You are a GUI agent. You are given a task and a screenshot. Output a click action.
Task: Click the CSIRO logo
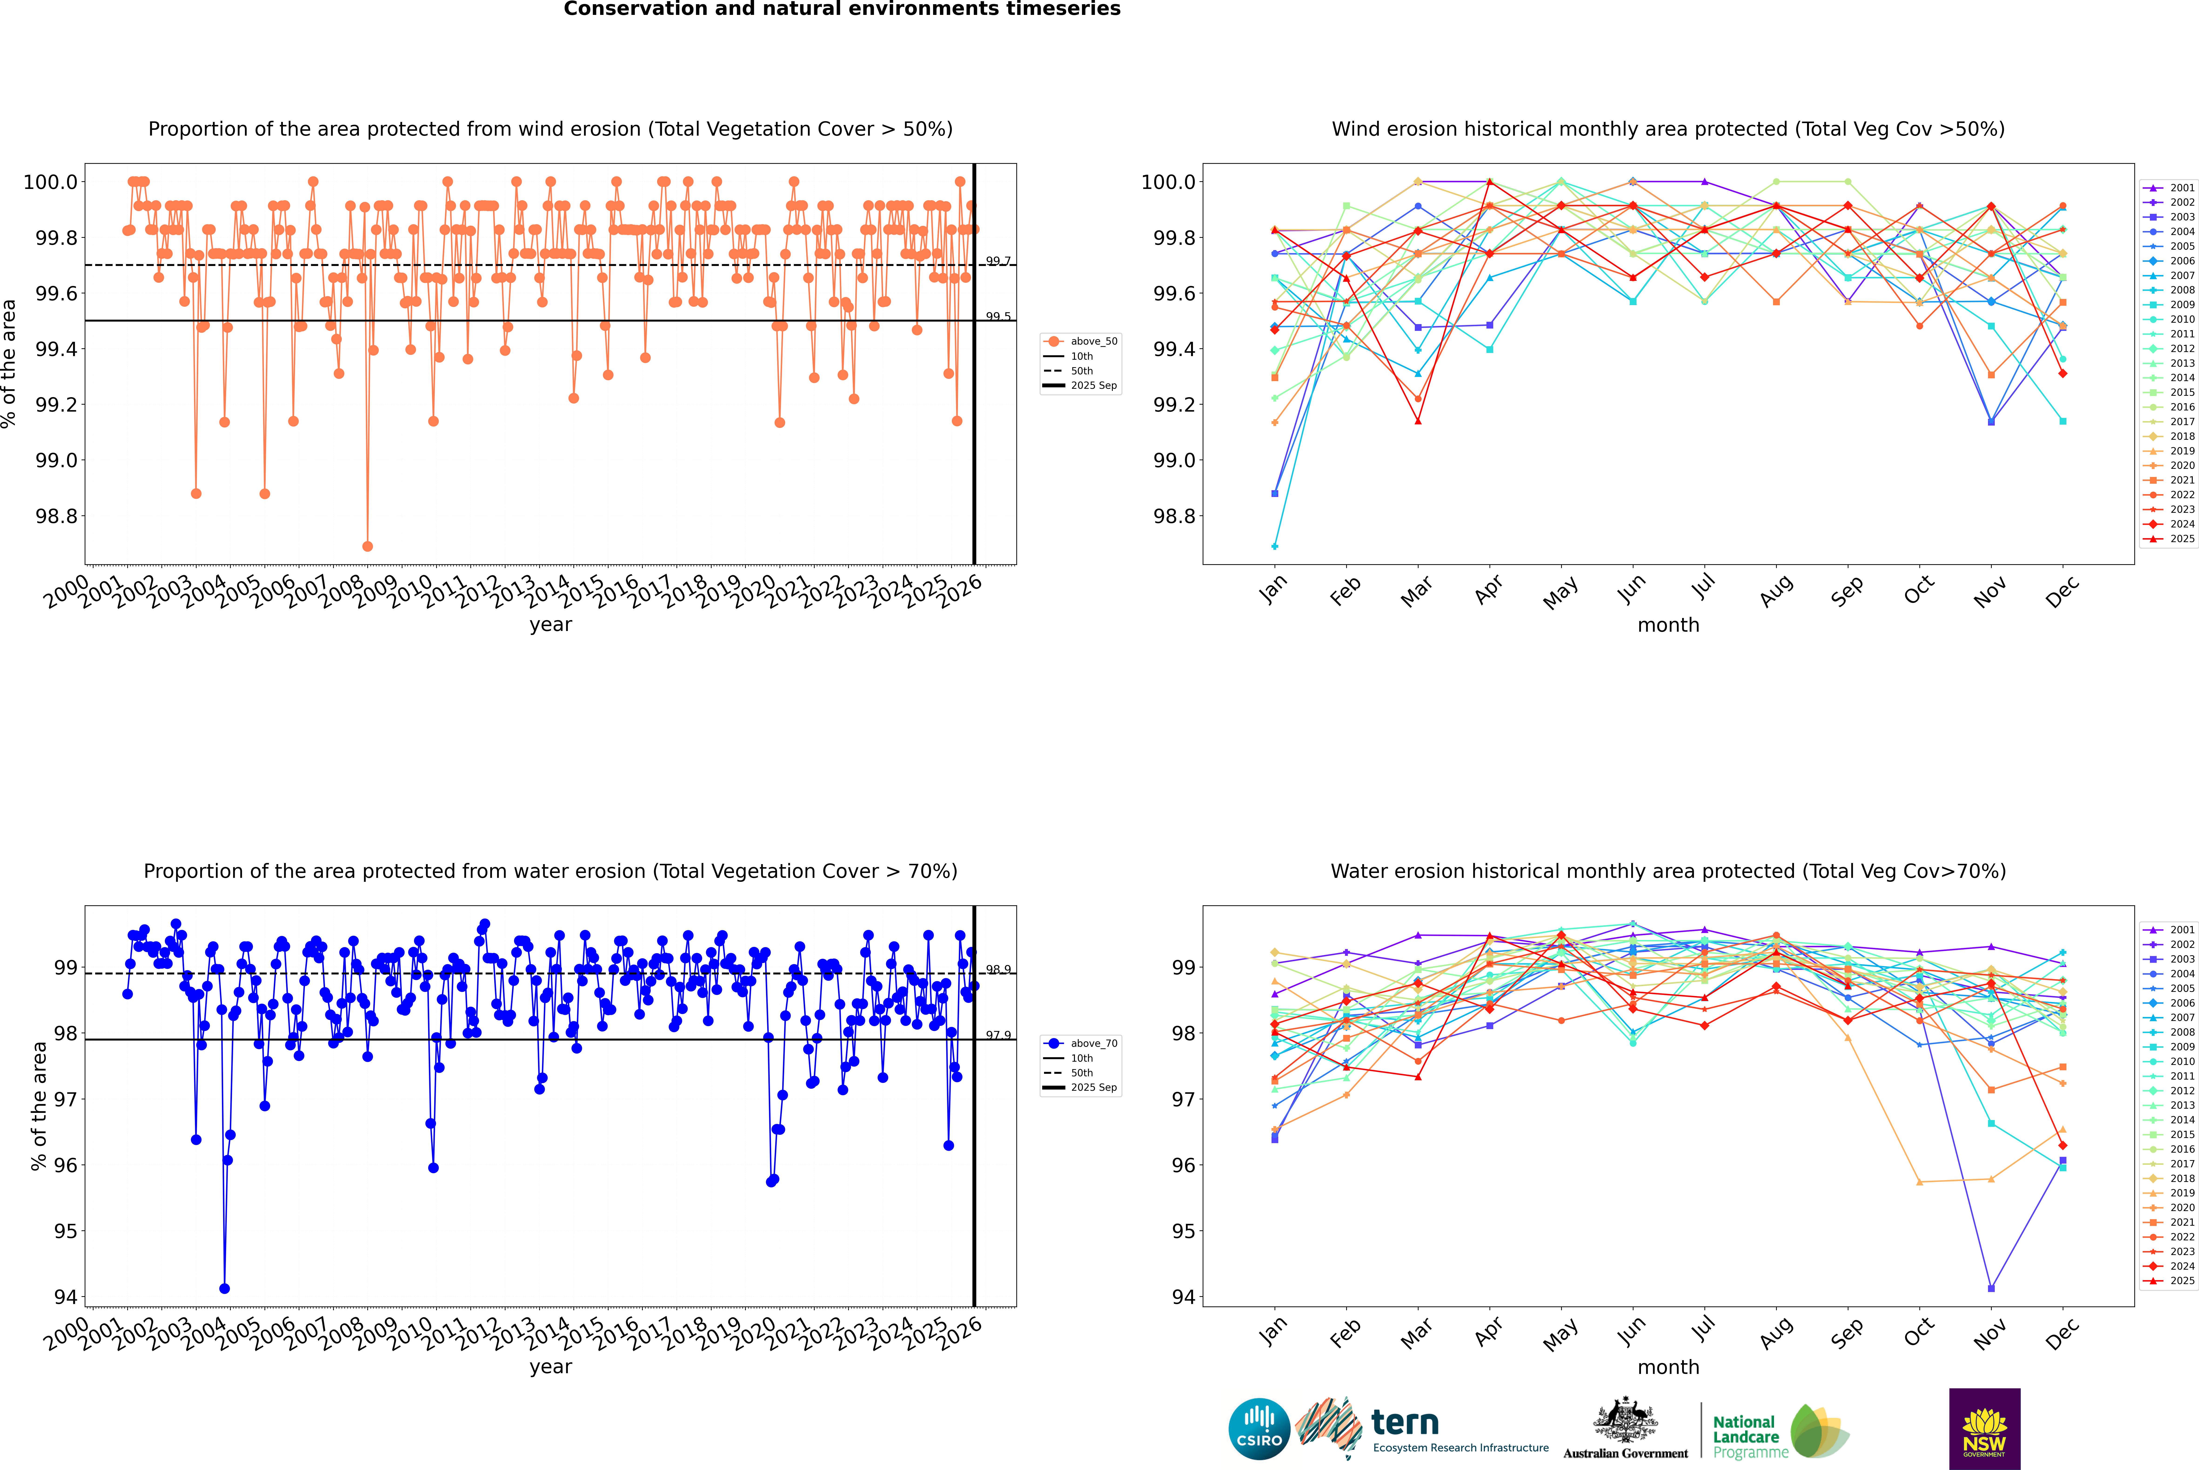click(1259, 1429)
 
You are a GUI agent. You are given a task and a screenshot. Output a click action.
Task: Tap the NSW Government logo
click(1984, 1429)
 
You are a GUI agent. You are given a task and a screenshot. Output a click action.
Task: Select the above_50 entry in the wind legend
click(1093, 341)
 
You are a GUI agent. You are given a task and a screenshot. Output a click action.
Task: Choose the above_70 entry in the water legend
click(1093, 1044)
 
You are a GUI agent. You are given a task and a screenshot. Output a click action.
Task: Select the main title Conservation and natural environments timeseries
click(842, 9)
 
